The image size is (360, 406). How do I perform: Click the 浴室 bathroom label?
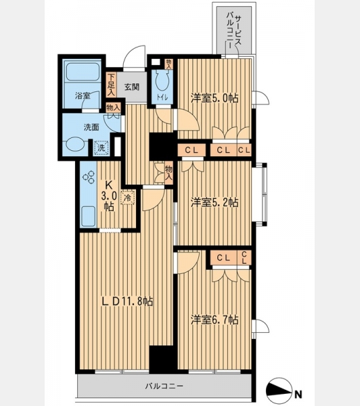(x=83, y=96)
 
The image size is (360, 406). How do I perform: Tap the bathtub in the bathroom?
(x=83, y=72)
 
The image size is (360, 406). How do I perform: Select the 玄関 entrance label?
(x=132, y=87)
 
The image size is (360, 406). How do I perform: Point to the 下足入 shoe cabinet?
(x=111, y=85)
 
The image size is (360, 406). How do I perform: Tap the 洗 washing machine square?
(x=102, y=148)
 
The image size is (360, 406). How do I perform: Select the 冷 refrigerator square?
(x=128, y=198)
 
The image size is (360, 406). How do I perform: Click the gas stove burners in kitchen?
(x=89, y=177)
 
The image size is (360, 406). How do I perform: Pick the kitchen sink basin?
(x=89, y=217)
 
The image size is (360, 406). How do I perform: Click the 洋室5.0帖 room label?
(x=215, y=98)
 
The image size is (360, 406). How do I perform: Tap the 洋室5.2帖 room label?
(x=215, y=202)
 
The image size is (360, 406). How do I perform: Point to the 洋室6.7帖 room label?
(x=215, y=320)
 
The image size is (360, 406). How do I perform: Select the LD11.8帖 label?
(x=127, y=301)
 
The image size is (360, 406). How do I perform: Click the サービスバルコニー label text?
(x=234, y=30)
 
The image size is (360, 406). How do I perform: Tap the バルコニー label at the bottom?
(x=164, y=386)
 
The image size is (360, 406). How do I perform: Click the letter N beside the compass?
(x=298, y=394)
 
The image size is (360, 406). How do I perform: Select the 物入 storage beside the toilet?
(x=169, y=64)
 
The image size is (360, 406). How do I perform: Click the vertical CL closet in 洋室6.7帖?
(x=244, y=258)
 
